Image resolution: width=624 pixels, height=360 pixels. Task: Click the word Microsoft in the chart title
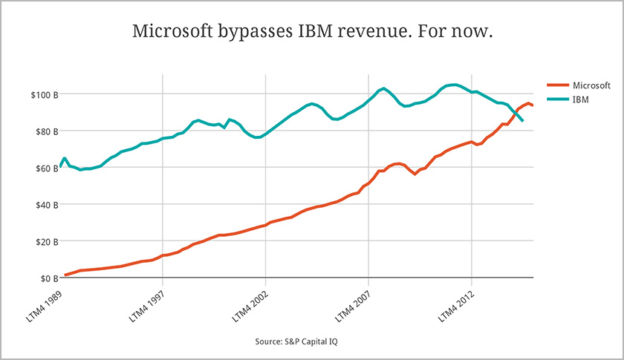pos(168,33)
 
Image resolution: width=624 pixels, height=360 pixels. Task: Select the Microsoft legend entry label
pos(592,86)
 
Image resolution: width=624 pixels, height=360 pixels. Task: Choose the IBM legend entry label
pos(582,99)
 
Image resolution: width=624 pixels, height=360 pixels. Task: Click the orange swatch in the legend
pos(557,86)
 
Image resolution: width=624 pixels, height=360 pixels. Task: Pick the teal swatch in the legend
pos(557,99)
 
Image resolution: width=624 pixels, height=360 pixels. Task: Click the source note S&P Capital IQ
pos(297,341)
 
